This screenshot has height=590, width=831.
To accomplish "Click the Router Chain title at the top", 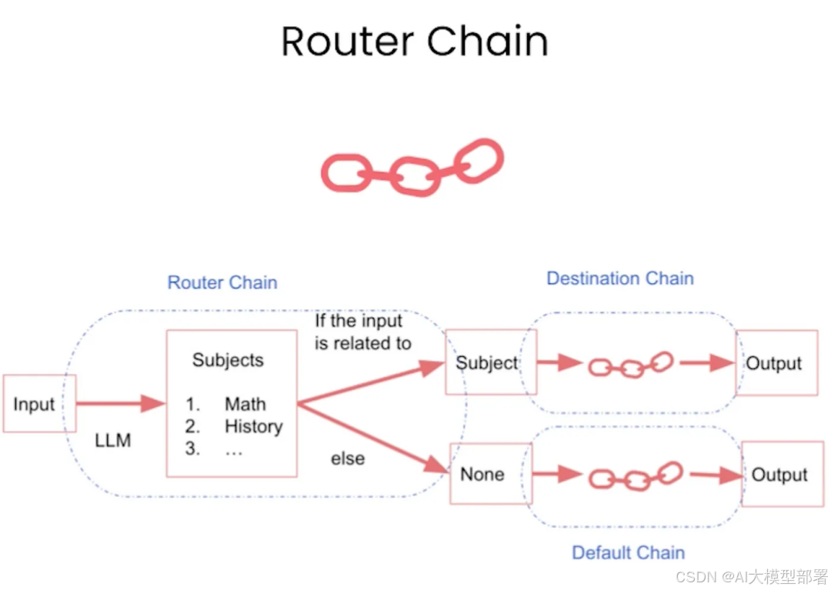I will pos(415,42).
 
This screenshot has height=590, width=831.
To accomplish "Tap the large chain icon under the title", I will pos(412,167).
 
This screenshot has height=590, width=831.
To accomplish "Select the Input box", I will pos(35,404).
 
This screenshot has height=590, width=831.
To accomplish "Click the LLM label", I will pos(113,441).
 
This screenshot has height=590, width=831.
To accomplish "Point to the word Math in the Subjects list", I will pos(245,404).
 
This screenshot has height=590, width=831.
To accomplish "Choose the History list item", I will pos(253,426).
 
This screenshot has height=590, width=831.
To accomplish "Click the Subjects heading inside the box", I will pos(228,360).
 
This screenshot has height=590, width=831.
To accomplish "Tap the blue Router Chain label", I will pos(222,282).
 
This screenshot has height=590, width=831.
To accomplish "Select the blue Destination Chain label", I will pos(620,278).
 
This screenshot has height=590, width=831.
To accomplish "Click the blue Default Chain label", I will pos(628,552).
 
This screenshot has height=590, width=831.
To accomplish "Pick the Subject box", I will pos(488,363).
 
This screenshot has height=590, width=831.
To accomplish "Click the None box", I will pos(483,474).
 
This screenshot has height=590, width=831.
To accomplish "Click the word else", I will pos(348,458).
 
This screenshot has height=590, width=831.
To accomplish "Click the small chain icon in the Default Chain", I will pos(636,476).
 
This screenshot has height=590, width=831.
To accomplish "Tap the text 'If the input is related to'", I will pos(362,332).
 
